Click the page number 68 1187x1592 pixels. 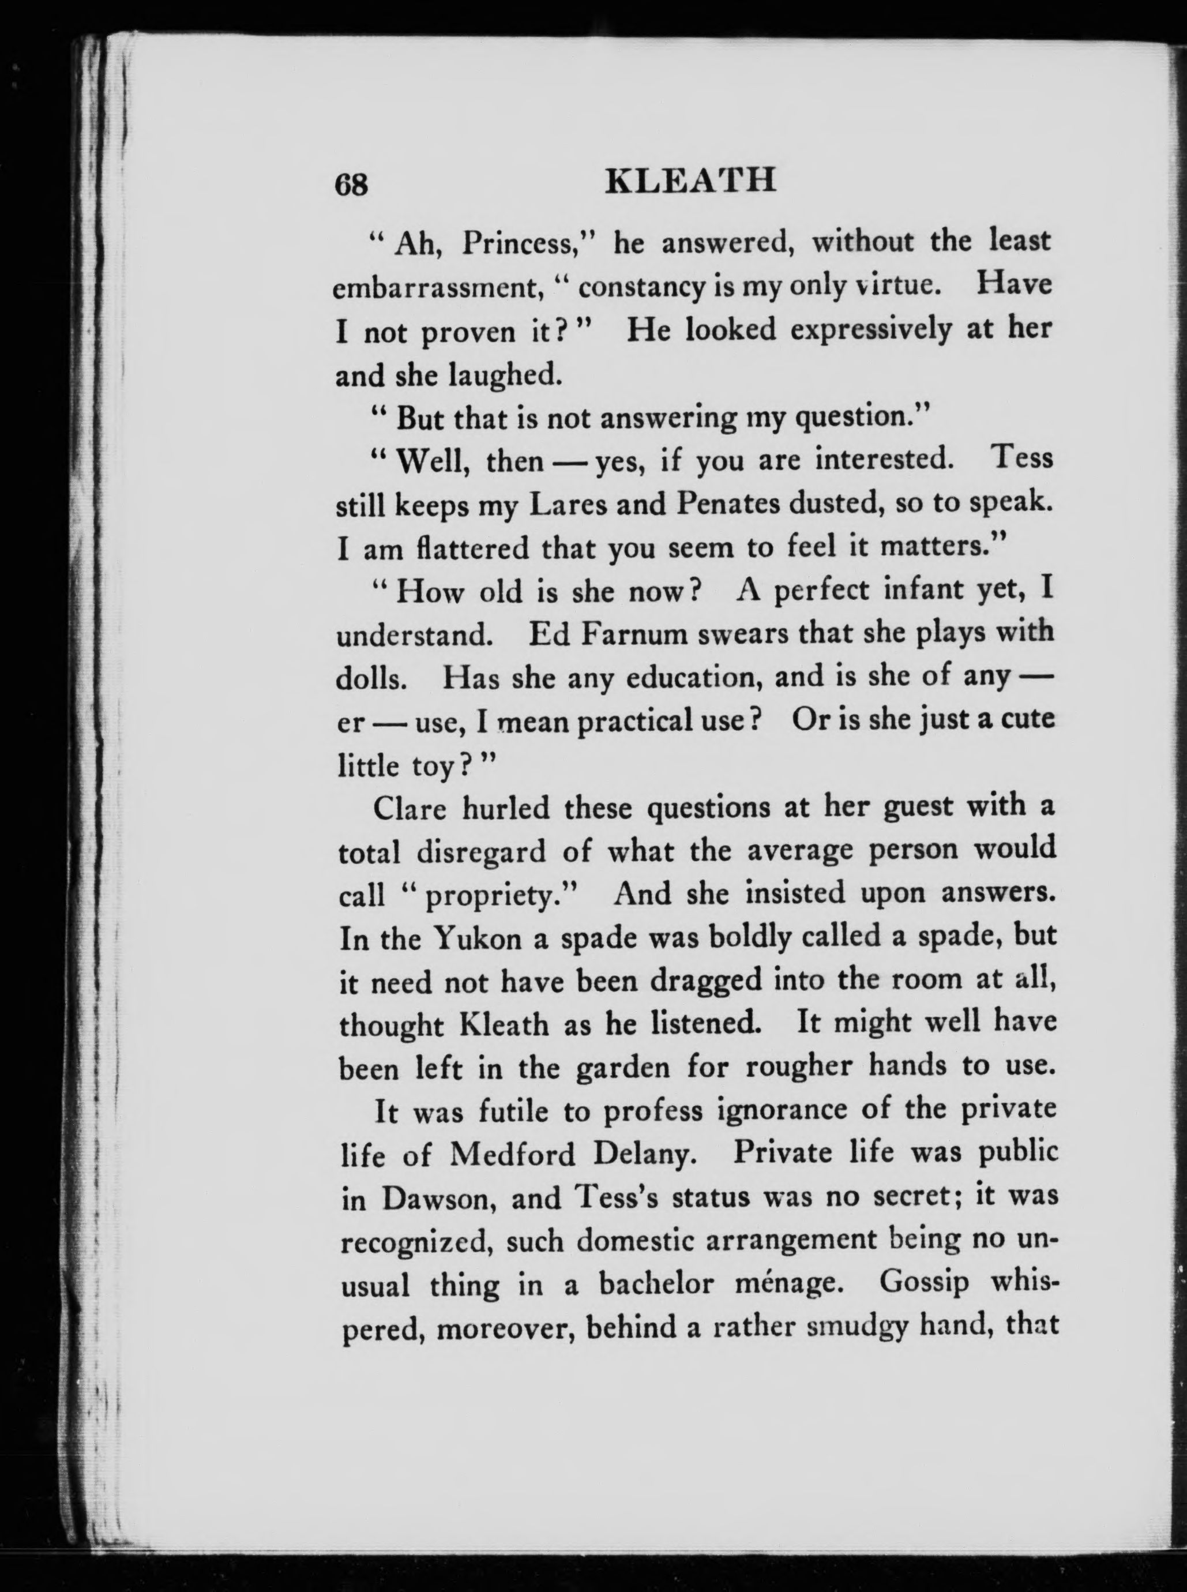[x=351, y=185]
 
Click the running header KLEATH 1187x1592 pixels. [x=691, y=181]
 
